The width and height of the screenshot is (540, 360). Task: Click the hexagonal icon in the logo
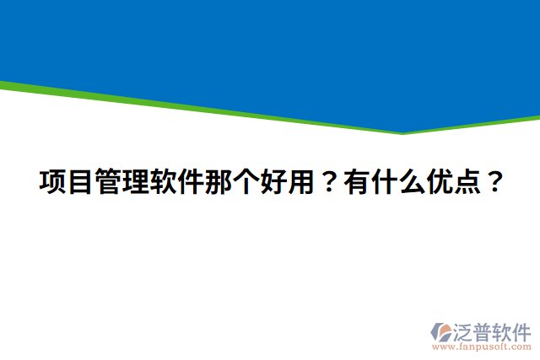[x=442, y=331]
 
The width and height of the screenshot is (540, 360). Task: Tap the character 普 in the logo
[x=485, y=330]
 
